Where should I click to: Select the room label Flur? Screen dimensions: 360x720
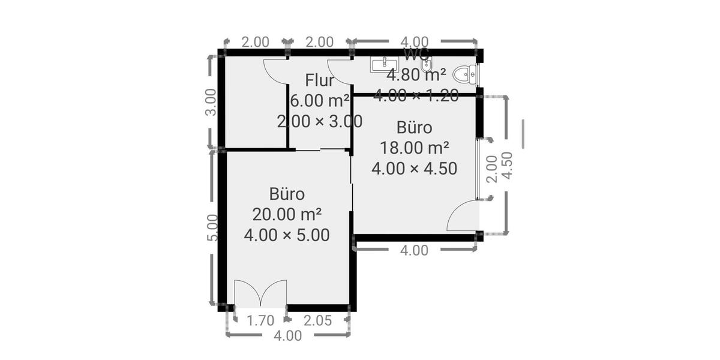click(319, 80)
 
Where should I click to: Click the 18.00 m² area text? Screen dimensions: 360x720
click(415, 148)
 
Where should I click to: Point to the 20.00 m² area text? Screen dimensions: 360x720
click(287, 214)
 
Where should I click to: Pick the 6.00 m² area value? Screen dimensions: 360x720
click(320, 100)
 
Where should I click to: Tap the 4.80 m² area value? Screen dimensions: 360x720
click(416, 76)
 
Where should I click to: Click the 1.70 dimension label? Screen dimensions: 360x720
click(260, 320)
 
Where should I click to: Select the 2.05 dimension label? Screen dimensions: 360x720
click(317, 320)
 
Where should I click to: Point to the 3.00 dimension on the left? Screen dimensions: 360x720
click(211, 103)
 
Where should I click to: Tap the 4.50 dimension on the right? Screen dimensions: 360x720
click(507, 165)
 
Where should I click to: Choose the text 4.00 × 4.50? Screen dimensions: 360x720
click(415, 169)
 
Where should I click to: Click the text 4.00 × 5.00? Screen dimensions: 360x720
click(287, 235)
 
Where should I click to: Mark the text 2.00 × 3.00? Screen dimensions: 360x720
click(320, 121)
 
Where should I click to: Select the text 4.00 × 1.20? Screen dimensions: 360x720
click(416, 95)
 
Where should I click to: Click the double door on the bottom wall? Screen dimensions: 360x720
click(260, 295)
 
